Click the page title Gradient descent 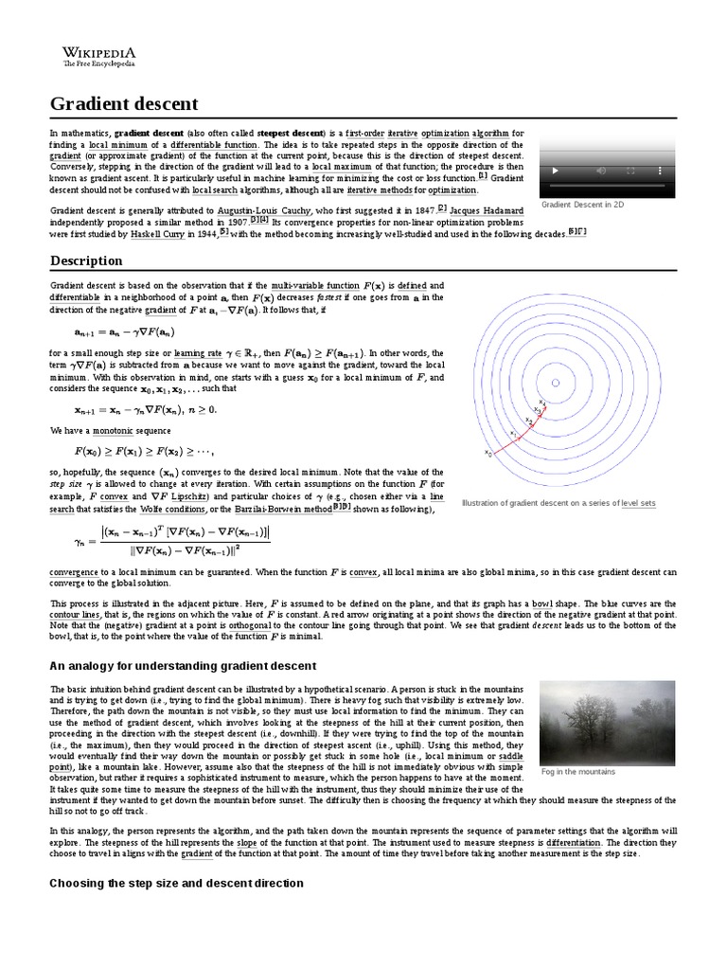click(x=124, y=103)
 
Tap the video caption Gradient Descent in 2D click(x=582, y=205)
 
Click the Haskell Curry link click(x=160, y=231)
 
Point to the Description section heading click(x=86, y=260)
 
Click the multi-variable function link click(x=315, y=285)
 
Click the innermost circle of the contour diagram click(x=556, y=383)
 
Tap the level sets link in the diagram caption click(x=638, y=503)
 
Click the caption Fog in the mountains click(x=577, y=771)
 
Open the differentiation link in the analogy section click(x=573, y=842)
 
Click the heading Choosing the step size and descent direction click(x=176, y=883)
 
